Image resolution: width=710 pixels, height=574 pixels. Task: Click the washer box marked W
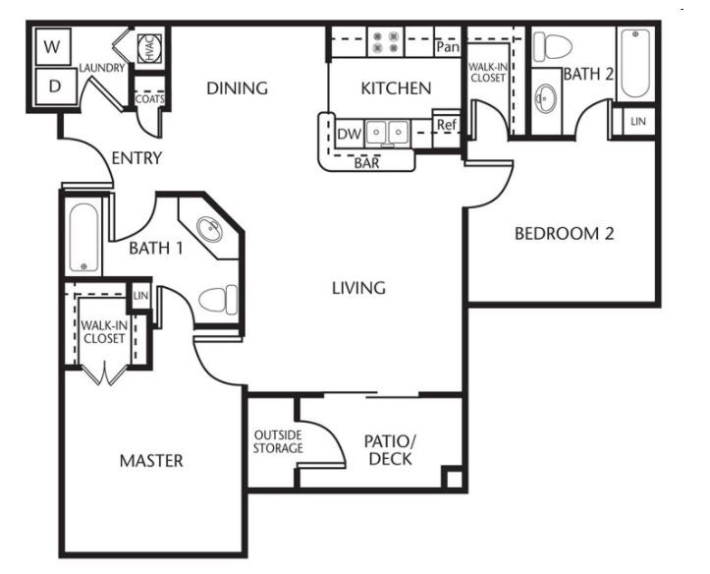[x=53, y=46]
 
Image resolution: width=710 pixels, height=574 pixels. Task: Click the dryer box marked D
[x=55, y=86]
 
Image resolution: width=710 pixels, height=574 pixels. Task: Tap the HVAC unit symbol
[x=149, y=48]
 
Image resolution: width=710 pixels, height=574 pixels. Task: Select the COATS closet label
[x=149, y=98]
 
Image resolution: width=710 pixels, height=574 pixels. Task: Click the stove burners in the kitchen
[x=385, y=41]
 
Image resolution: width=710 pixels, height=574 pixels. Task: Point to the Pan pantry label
[x=448, y=47]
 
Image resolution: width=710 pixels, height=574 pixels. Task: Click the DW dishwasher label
[x=350, y=134]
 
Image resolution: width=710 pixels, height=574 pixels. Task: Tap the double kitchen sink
[x=387, y=134]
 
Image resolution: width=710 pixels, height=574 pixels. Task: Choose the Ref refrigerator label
[x=447, y=125]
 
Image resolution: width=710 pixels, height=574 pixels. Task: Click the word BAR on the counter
[x=366, y=162]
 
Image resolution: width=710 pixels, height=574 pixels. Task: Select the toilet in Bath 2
[x=552, y=46]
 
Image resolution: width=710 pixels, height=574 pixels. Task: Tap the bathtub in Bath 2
[x=635, y=63]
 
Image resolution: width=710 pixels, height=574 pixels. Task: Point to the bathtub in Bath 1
[x=83, y=238]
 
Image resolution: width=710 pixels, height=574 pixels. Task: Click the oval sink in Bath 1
[x=209, y=229]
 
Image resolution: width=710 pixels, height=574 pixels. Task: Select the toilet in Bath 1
[x=218, y=300]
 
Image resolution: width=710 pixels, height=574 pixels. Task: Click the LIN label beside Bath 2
[x=638, y=122]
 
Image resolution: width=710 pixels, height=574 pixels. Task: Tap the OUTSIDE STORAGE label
[x=278, y=441]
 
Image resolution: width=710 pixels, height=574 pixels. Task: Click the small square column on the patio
[x=454, y=478]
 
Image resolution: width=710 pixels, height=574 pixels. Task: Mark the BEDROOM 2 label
[x=565, y=234]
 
